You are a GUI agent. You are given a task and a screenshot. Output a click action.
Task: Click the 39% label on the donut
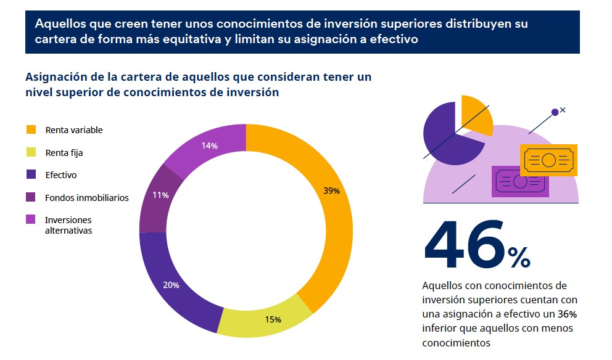tap(331, 191)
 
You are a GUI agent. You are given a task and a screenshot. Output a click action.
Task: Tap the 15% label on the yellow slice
tap(273, 319)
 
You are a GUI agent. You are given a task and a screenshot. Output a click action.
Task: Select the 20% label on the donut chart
tap(171, 285)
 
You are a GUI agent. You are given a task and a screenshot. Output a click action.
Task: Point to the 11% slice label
tap(160, 195)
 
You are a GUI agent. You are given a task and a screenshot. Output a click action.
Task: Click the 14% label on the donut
tap(209, 146)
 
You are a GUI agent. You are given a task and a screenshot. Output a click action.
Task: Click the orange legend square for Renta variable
tap(31, 130)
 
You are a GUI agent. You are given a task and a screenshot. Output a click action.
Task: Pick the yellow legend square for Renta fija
tap(31, 152)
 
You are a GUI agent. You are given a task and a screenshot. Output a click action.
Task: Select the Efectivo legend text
tap(60, 175)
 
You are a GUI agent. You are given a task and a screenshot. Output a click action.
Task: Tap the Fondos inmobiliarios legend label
tap(86, 198)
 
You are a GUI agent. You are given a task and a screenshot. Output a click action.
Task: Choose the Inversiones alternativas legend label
tap(68, 225)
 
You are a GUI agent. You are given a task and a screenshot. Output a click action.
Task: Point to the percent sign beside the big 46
tap(518, 258)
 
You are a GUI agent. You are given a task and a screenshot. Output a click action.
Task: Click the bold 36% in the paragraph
tap(567, 314)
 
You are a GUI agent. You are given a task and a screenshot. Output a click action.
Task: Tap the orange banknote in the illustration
tap(548, 160)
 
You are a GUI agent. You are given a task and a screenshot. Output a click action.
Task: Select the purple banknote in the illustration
tap(519, 182)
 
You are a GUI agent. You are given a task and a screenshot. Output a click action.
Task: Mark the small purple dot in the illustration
tap(555, 112)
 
